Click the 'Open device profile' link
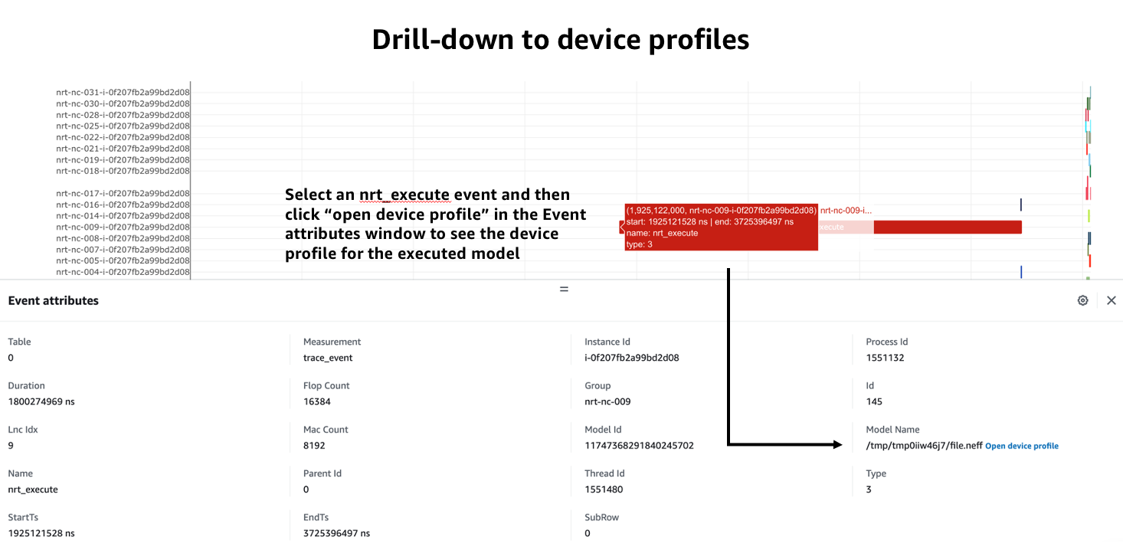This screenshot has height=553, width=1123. click(1021, 446)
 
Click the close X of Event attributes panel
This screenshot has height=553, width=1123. click(1111, 301)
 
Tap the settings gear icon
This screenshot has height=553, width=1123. click(1082, 301)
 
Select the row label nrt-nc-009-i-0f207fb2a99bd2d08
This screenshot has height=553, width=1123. click(123, 227)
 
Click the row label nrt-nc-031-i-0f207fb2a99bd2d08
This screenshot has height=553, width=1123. click(123, 93)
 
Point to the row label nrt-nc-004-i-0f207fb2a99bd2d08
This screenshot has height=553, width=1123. click(123, 272)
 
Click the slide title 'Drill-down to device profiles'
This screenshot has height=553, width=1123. click(561, 40)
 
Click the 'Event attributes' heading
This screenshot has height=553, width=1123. click(54, 301)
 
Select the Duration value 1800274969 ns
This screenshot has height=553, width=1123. click(41, 401)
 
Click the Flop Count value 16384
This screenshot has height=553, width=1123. click(316, 401)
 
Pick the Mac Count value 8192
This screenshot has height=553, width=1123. click(314, 445)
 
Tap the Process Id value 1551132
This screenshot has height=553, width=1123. click(885, 358)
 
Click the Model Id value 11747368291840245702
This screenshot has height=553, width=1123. click(639, 445)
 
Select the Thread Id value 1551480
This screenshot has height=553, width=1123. click(604, 489)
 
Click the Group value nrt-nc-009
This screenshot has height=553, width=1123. click(607, 401)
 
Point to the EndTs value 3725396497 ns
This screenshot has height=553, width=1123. click(336, 533)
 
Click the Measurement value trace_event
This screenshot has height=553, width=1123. click(328, 358)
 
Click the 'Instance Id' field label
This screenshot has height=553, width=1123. click(607, 342)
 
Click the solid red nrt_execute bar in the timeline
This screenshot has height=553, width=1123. click(947, 227)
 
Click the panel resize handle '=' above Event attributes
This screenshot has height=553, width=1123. click(564, 290)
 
